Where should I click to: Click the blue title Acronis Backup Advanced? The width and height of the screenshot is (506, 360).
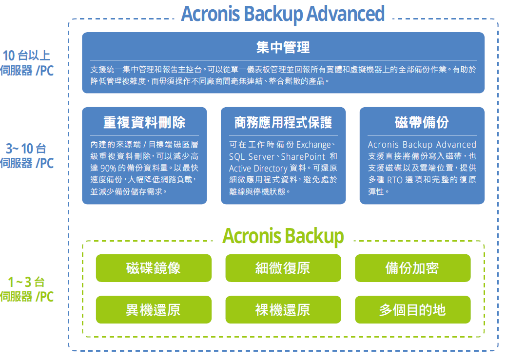point(283,14)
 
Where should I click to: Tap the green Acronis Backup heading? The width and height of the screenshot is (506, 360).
point(283,236)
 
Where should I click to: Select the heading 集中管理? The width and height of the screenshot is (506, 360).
point(283,47)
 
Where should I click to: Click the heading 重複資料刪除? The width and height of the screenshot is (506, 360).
point(144,123)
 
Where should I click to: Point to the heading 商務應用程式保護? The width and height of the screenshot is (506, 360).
point(283,123)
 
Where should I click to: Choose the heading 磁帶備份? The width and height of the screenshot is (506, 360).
point(422,123)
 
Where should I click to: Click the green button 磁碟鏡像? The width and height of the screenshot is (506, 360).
point(154,268)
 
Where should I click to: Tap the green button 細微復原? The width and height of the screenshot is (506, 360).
point(283,268)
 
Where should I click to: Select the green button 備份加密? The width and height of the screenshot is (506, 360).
point(413,268)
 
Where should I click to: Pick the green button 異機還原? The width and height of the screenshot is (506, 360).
point(154,310)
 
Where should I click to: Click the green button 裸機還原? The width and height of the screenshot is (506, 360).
point(283,310)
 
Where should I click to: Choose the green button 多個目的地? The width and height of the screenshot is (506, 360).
point(413,310)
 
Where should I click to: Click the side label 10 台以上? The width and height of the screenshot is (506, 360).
point(26,56)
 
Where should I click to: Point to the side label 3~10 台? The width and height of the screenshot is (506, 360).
point(26,149)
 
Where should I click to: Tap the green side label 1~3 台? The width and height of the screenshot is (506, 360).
point(26,282)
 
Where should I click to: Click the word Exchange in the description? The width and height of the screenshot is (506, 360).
point(313,145)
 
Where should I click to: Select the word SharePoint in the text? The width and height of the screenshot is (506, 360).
point(303,157)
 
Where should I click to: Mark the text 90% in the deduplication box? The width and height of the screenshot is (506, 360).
point(108,169)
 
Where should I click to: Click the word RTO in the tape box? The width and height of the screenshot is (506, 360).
point(395,180)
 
